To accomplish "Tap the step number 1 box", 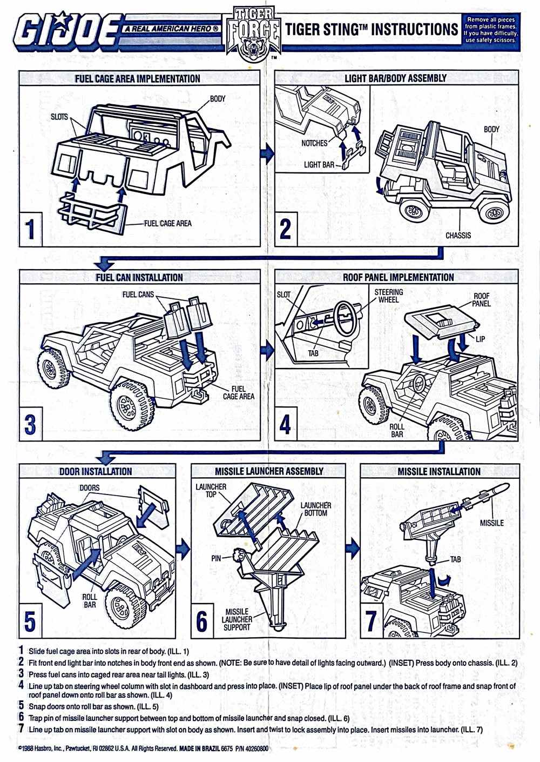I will (31, 228).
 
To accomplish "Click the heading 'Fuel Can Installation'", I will (139, 277).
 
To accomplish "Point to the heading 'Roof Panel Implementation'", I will (398, 277).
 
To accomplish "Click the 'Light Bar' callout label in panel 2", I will (319, 164).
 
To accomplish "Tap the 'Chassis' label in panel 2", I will (458, 235).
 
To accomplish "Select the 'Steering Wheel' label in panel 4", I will (388, 296).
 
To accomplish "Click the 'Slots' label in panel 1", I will (59, 117).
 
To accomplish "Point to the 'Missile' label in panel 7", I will (491, 523).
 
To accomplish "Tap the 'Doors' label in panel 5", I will (90, 487).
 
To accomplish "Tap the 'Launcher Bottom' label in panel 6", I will (315, 509).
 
